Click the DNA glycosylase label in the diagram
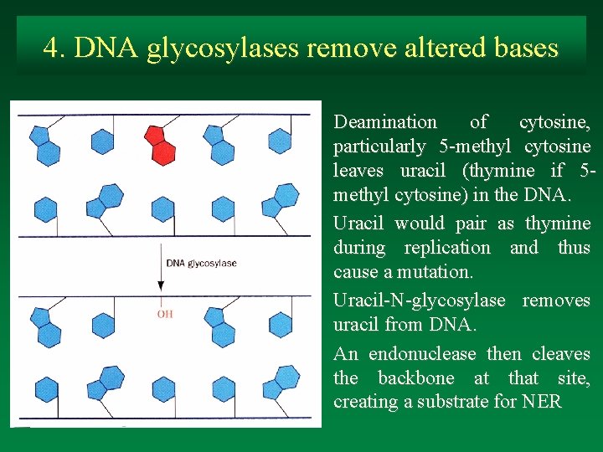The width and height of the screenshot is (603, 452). click(201, 263)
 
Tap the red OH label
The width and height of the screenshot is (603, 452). click(165, 314)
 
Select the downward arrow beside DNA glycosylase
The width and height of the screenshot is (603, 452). click(160, 268)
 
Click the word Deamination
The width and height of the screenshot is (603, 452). click(385, 122)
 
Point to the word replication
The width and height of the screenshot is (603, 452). click(447, 248)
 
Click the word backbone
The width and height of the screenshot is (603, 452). click(416, 378)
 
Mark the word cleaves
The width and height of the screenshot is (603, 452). click(561, 354)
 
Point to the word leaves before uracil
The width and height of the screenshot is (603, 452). click(358, 171)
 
